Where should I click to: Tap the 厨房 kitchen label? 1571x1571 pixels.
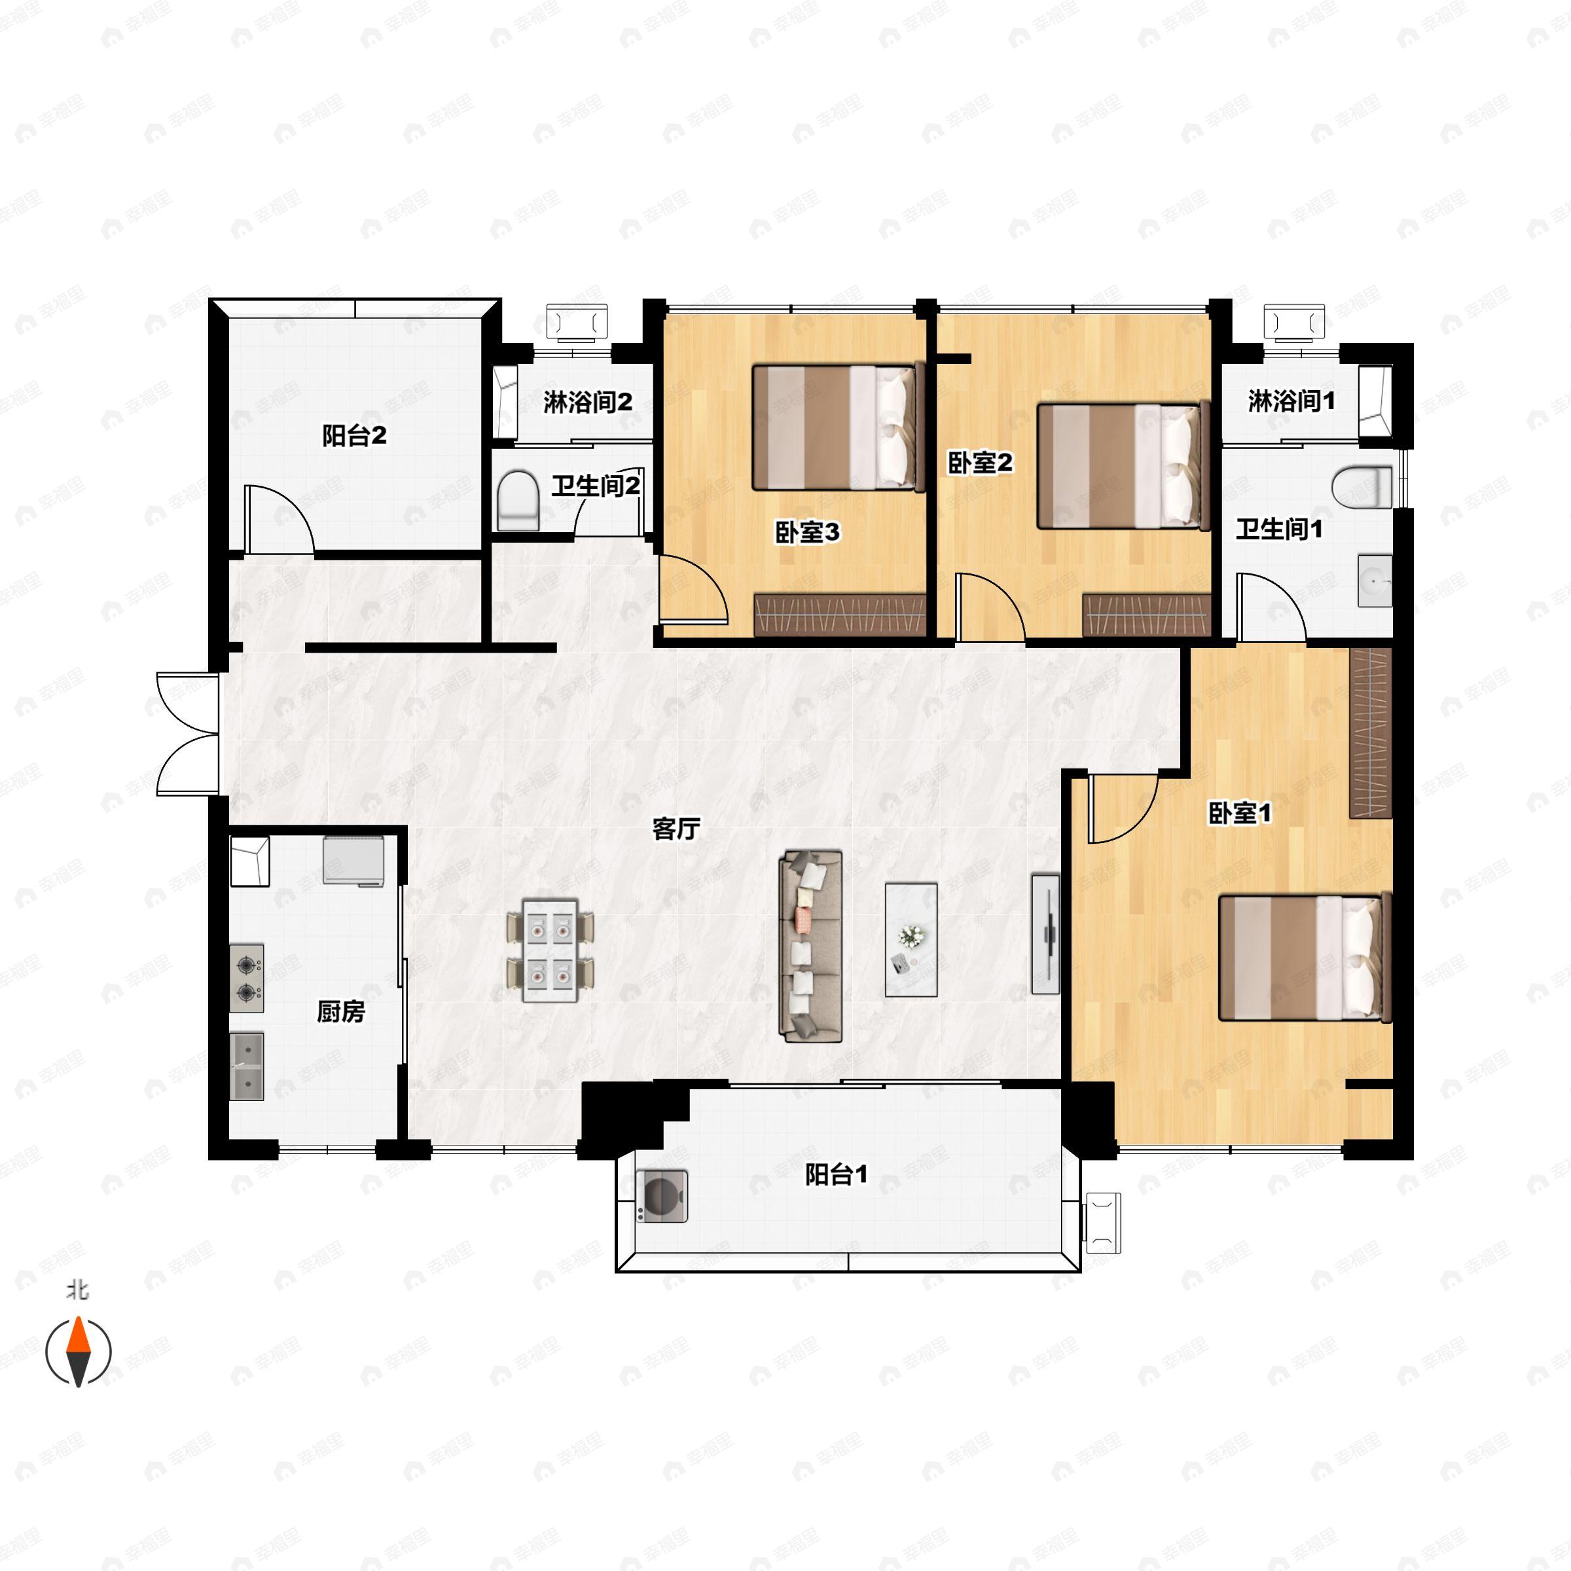tap(340, 1011)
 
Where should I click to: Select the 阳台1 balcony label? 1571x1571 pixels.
tap(836, 1174)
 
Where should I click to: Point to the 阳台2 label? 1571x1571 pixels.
tap(355, 436)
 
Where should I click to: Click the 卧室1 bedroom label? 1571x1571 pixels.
tap(1240, 812)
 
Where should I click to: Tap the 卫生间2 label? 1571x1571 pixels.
tap(596, 486)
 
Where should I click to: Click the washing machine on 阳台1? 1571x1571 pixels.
tap(662, 1195)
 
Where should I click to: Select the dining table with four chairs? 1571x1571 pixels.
tap(551, 950)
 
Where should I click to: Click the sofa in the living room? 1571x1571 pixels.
tap(811, 947)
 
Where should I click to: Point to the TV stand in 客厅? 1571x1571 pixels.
tap(1046, 934)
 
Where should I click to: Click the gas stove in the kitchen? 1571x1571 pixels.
tap(246, 978)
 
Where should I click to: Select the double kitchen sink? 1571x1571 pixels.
tap(246, 1066)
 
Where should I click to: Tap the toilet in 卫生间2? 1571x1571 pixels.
tap(518, 501)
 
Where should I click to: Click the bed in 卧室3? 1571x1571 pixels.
tap(839, 427)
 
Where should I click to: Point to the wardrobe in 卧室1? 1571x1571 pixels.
tap(1371, 732)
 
